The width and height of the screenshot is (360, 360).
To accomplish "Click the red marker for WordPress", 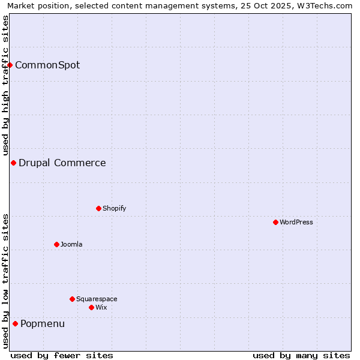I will [x=275, y=222].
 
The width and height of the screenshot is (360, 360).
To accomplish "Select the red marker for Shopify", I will [x=98, y=208].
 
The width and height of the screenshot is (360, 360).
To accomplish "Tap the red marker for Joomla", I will [x=56, y=244].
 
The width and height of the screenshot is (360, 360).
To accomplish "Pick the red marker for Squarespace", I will [x=72, y=299].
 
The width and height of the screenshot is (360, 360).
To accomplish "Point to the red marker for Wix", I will [x=91, y=307].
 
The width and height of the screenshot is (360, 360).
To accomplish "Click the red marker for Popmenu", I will [x=15, y=323].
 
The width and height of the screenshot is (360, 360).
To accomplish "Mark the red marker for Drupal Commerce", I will [x=13, y=163].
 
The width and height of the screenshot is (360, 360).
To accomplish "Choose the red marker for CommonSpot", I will [x=10, y=65].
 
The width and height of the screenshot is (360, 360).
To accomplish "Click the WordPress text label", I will [x=296, y=222].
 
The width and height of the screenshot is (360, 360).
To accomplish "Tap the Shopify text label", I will [x=115, y=208].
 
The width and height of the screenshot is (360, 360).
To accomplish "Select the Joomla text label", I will [x=71, y=244].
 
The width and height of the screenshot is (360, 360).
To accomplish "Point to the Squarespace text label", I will [x=97, y=299].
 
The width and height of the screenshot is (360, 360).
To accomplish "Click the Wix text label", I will [x=101, y=307].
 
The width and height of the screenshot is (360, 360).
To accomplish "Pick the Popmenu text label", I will [x=43, y=324].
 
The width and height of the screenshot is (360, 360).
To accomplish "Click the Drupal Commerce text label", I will [x=62, y=163].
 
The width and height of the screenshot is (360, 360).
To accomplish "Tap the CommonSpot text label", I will [x=47, y=65].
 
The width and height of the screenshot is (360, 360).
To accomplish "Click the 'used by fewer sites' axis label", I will [x=62, y=355].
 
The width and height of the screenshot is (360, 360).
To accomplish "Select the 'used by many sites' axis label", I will [x=301, y=355].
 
